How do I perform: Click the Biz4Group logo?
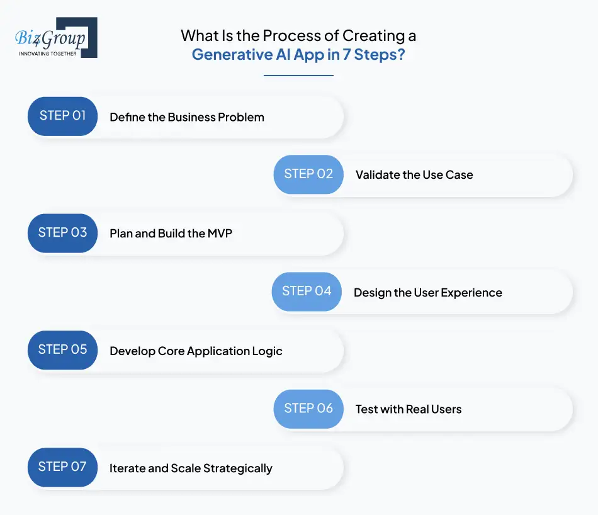click(55, 38)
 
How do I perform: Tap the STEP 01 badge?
click(62, 116)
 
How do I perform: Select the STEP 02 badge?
click(308, 174)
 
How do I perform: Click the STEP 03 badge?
click(62, 233)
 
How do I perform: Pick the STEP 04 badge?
click(307, 291)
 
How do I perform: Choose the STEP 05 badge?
click(62, 350)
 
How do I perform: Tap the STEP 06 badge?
click(308, 409)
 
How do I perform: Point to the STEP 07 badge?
click(62, 467)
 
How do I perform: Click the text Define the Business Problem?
click(187, 117)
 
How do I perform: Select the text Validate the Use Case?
click(414, 175)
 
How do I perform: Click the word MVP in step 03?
click(220, 234)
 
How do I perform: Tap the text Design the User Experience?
click(428, 293)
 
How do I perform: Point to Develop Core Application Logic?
click(196, 351)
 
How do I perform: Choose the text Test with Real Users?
click(409, 410)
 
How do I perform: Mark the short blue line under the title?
click(298, 76)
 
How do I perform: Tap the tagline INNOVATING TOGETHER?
click(48, 54)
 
